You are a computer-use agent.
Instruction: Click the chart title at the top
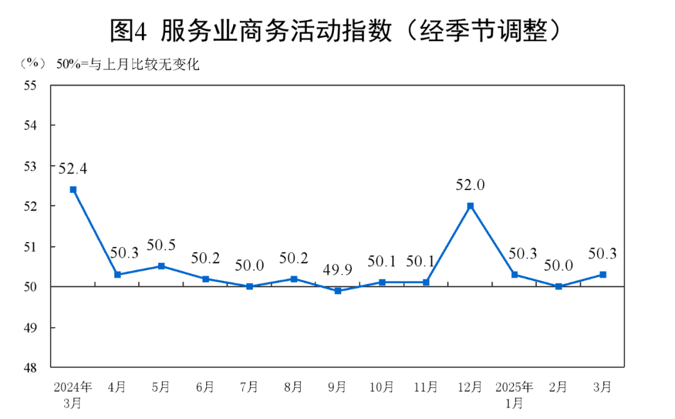337,30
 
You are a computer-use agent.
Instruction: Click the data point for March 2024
73,189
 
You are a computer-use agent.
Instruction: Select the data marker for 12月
471,206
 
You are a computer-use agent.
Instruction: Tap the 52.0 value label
471,185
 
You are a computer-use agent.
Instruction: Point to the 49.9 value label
338,270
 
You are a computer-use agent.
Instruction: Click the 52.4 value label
73,168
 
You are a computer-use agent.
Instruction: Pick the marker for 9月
338,291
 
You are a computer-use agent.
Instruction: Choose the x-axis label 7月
249,387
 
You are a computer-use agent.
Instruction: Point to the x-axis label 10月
382,387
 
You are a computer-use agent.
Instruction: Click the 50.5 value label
161,245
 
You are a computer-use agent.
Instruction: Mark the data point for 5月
161,266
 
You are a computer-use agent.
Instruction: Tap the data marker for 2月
559,286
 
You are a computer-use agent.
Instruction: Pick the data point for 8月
294,278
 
